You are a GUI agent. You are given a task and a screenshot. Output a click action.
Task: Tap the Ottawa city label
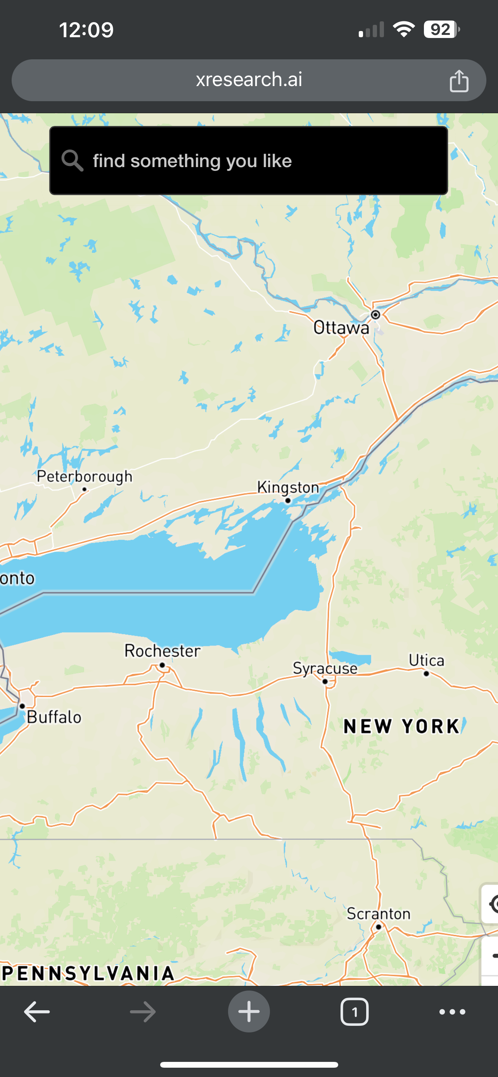(341, 327)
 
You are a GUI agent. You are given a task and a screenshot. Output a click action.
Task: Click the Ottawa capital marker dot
(375, 314)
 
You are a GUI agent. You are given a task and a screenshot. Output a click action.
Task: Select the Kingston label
(288, 487)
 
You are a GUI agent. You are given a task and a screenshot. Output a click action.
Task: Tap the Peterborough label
(85, 476)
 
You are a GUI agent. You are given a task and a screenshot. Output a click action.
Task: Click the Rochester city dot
(162, 665)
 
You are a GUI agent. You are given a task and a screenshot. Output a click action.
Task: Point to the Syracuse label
(325, 668)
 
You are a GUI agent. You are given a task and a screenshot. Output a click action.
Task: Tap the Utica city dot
(426, 673)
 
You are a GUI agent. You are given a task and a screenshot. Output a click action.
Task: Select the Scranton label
(379, 914)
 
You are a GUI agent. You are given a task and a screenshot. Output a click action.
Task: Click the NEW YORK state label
(401, 727)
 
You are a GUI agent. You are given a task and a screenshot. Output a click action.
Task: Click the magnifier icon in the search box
(73, 161)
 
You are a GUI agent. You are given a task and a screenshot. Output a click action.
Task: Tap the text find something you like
(192, 161)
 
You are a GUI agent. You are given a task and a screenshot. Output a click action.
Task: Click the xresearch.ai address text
(249, 79)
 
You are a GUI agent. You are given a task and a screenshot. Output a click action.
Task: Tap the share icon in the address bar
(459, 80)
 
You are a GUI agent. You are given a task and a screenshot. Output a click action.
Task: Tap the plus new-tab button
(249, 1012)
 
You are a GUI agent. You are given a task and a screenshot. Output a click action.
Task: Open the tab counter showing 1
(354, 1012)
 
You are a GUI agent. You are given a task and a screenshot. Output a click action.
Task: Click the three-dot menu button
(452, 1012)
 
